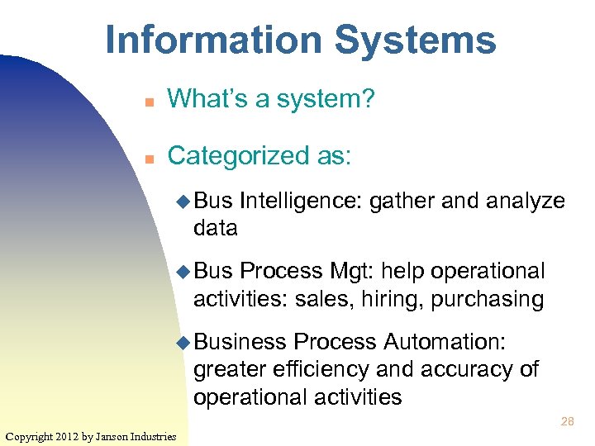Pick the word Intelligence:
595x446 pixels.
tap(301, 201)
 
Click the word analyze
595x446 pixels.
tap(526, 201)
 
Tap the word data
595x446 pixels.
tap(216, 228)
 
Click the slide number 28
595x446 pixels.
tap(568, 421)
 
